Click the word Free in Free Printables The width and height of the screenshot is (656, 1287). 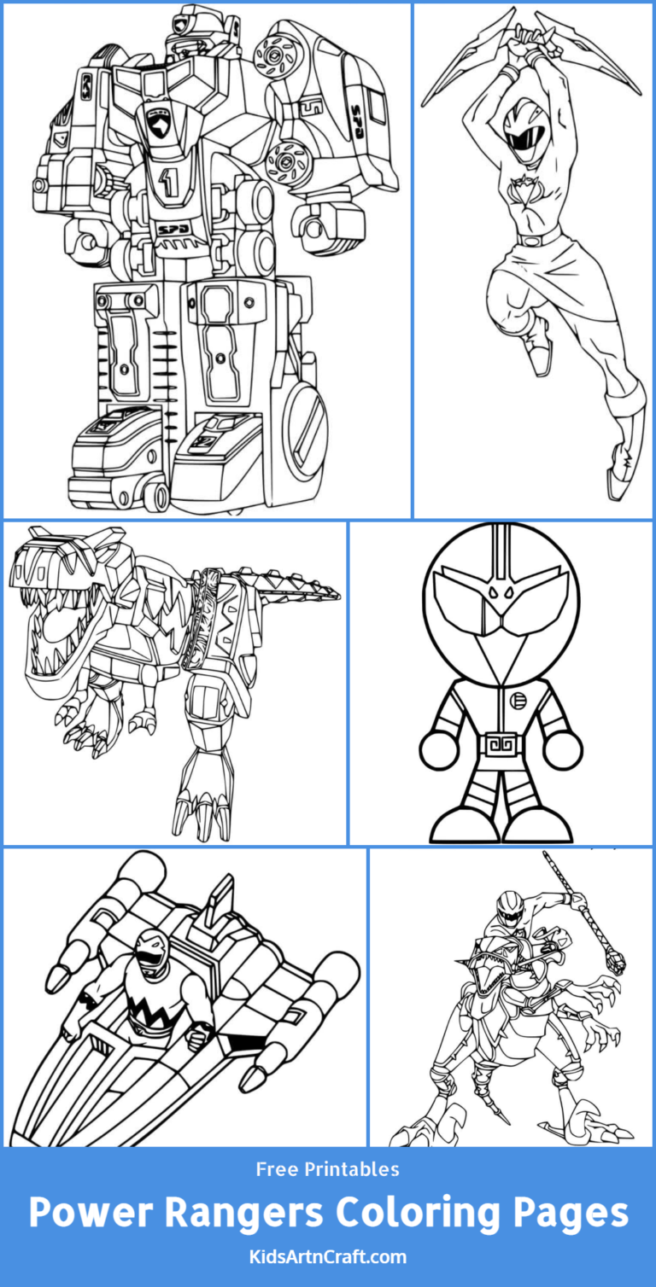tap(278, 1169)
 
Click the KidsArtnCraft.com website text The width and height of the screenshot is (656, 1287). tap(328, 1256)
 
